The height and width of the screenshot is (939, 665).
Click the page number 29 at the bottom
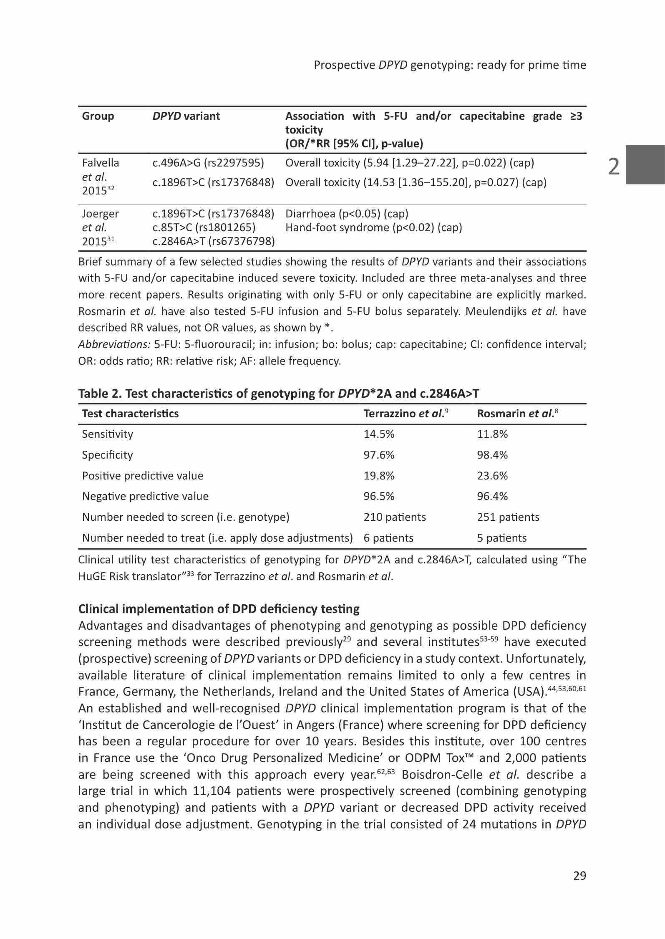[579, 876]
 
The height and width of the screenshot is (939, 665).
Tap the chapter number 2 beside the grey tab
[614, 167]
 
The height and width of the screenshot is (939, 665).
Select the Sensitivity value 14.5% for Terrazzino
[379, 434]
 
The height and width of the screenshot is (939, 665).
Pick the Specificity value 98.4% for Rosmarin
[492, 455]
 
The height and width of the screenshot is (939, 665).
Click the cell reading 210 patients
[394, 517]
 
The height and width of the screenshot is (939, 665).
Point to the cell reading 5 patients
[501, 538]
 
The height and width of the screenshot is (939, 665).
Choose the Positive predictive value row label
[143, 476]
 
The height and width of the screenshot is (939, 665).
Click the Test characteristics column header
[130, 414]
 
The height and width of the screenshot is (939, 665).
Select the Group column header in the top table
[98, 116]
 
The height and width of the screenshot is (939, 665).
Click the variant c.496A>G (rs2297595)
[208, 163]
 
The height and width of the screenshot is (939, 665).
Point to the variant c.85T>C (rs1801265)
[204, 227]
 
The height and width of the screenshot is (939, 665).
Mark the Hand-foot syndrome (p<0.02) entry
[373, 227]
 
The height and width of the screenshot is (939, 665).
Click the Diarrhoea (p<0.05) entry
[347, 214]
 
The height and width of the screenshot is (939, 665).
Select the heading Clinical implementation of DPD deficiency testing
[219, 609]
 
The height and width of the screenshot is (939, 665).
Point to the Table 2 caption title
[278, 394]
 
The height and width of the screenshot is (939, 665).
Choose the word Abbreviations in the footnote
[114, 344]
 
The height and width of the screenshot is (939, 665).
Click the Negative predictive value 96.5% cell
[379, 496]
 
